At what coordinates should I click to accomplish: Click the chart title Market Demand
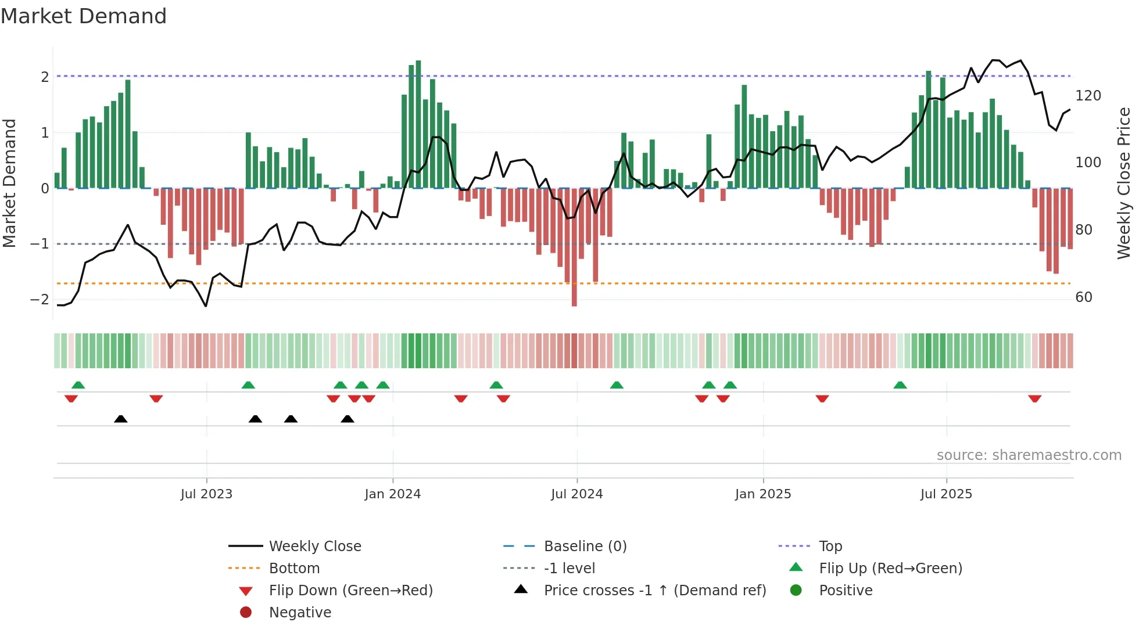tap(84, 16)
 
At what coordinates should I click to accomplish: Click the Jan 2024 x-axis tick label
tap(392, 494)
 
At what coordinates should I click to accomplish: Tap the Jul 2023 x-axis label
tap(206, 494)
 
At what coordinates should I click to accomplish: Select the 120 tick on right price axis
tap(1088, 96)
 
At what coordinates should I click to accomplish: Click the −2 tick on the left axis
tap(40, 300)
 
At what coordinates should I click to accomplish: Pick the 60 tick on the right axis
tap(1084, 297)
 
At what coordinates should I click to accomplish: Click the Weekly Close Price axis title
tap(1124, 183)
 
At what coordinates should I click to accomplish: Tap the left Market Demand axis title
tap(9, 183)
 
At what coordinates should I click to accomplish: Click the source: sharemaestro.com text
tap(1029, 455)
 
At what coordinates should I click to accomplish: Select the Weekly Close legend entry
tap(314, 546)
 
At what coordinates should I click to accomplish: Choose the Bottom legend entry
tap(294, 569)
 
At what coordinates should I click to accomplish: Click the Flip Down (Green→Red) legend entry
tap(350, 591)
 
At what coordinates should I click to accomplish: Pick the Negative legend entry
tap(300, 613)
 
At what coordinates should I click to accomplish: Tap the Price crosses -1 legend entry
tap(654, 591)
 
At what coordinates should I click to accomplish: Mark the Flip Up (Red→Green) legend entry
tap(890, 569)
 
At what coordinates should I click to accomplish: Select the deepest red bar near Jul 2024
tap(574, 247)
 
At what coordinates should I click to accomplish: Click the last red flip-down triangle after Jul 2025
tap(1034, 398)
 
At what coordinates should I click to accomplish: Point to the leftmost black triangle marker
tap(121, 419)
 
